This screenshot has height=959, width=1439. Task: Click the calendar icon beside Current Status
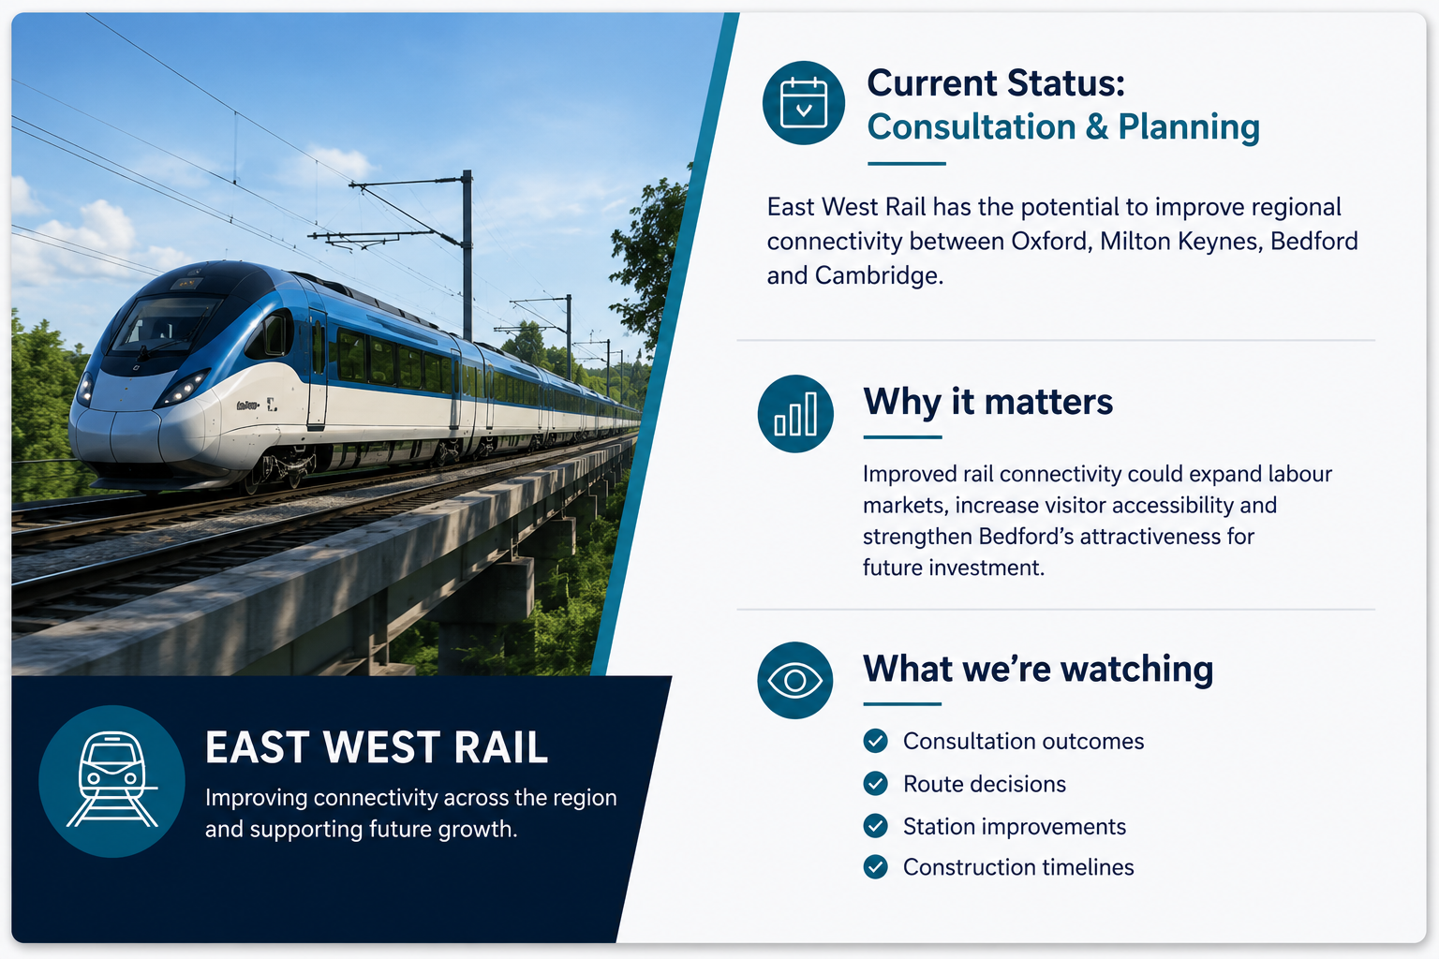pyautogui.click(x=803, y=103)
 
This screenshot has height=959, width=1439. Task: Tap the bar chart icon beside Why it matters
pyautogui.click(x=795, y=414)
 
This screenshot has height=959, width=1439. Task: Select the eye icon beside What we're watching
pyautogui.click(x=795, y=680)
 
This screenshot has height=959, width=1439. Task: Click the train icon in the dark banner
pyautogui.click(x=111, y=781)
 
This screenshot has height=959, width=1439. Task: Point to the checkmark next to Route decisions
pyautogui.click(x=875, y=784)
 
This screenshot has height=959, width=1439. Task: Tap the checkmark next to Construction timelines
pyautogui.click(x=875, y=867)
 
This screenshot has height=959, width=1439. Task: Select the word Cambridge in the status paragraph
pyautogui.click(x=879, y=275)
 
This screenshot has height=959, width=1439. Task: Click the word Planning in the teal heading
pyautogui.click(x=1189, y=126)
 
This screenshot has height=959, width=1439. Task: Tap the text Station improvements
pyautogui.click(x=1015, y=827)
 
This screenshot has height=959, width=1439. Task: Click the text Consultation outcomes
pyautogui.click(x=1023, y=741)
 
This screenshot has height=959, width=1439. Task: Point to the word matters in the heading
pyautogui.click(x=1048, y=402)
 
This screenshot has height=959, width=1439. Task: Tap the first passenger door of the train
pyautogui.click(x=317, y=368)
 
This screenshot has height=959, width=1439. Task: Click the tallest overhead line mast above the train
pyautogui.click(x=467, y=256)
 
